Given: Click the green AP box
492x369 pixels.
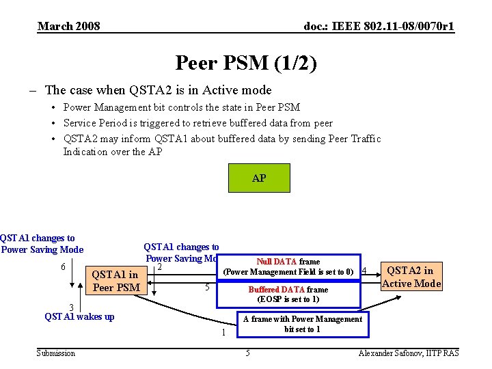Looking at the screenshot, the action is [259, 178].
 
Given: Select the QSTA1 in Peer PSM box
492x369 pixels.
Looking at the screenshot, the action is [116, 281].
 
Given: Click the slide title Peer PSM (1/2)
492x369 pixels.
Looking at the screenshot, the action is [246, 64].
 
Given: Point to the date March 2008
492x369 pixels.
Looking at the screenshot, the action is [68, 27].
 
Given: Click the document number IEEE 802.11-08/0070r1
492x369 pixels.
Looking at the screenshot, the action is [379, 27].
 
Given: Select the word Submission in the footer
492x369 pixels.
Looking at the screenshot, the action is [56, 353].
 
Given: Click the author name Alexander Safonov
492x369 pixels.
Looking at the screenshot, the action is [409, 353].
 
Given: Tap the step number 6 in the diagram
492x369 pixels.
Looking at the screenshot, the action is [64, 266].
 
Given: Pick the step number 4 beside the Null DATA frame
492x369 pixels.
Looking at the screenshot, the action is [364, 271].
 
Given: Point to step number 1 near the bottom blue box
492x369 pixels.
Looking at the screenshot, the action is [223, 333].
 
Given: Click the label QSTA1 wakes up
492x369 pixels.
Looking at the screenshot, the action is [79, 316].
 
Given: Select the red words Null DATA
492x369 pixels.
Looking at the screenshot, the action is [276, 261].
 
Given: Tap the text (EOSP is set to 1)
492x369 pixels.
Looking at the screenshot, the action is [288, 299].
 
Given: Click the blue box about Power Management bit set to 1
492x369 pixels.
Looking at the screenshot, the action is [302, 324].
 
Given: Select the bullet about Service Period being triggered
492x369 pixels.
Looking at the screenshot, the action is [198, 123].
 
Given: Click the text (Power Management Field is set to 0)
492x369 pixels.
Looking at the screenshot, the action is [288, 272].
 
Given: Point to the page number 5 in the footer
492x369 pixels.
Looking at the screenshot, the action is [247, 353].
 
